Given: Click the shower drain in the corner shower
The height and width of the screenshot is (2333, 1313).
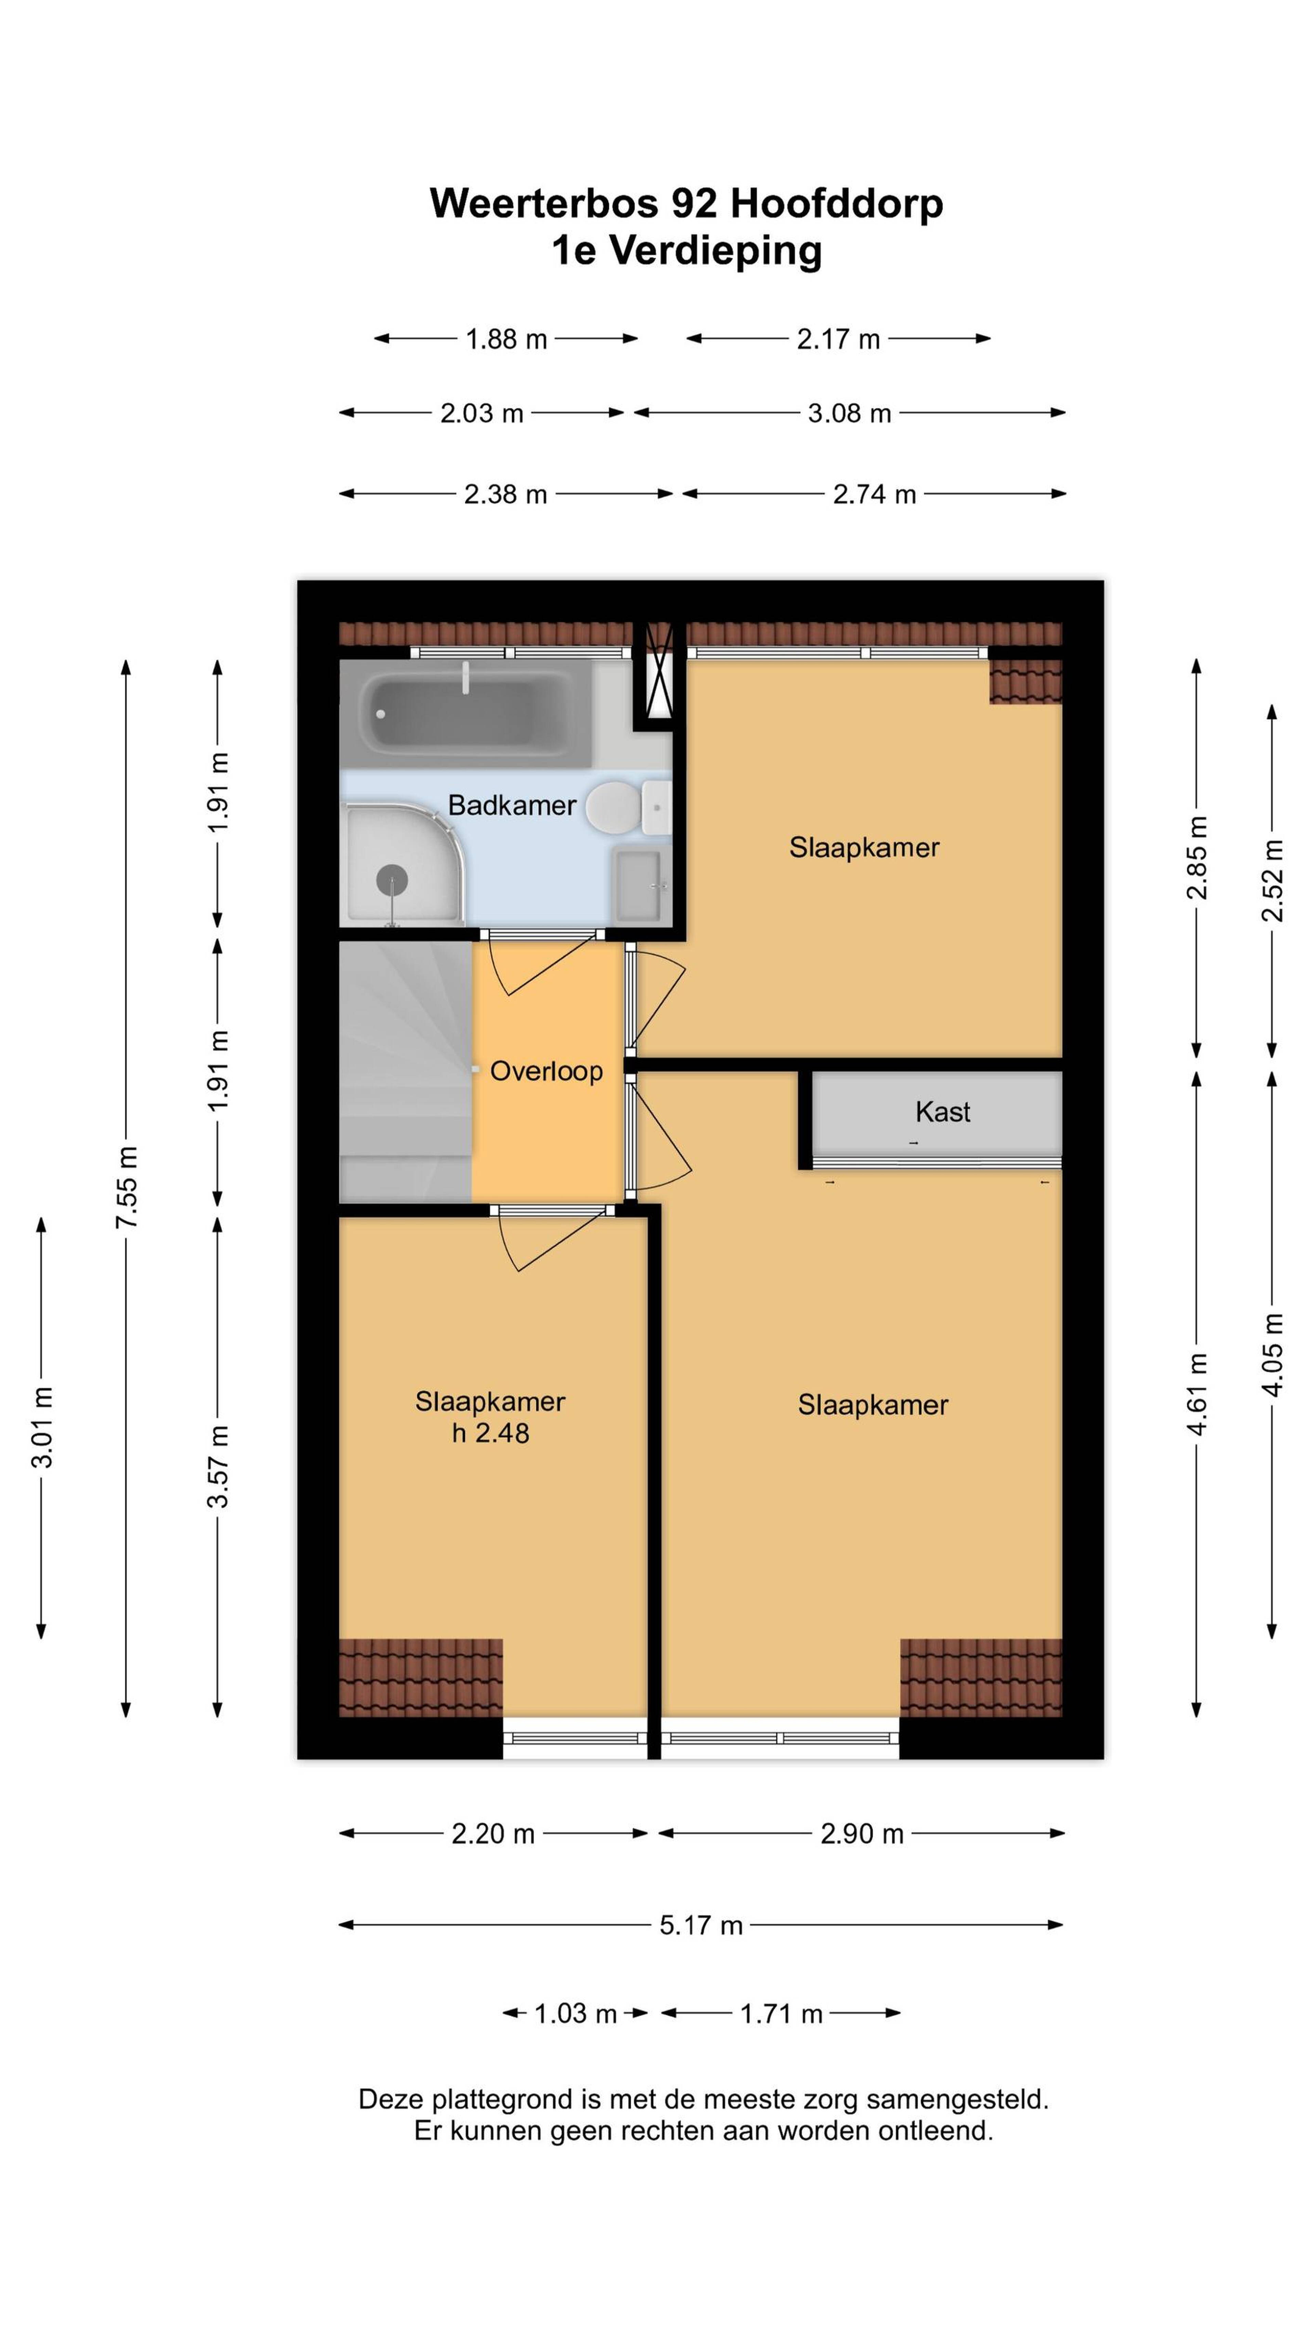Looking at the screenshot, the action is [392, 879].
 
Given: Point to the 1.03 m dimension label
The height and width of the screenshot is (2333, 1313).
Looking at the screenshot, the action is [575, 2013].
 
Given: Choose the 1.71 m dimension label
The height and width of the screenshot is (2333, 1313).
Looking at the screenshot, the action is [781, 2013].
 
